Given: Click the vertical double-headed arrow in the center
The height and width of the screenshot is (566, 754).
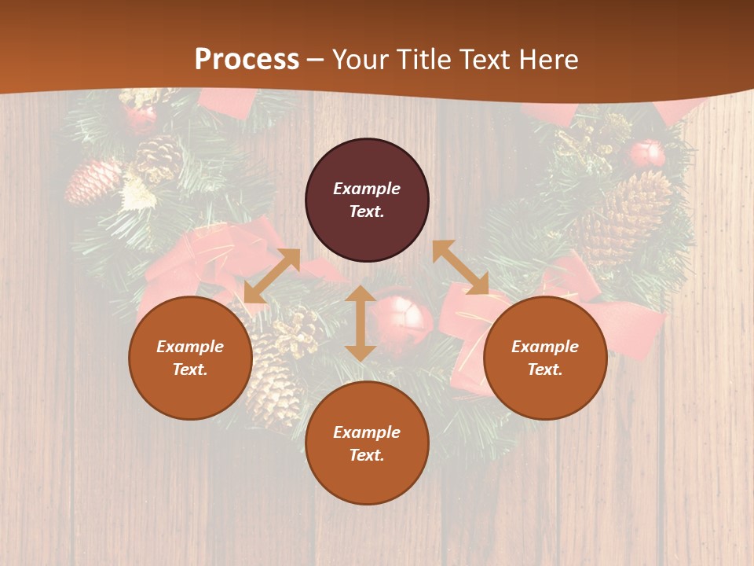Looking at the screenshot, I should (x=361, y=323).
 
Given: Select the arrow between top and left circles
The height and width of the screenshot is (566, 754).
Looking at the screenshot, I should (x=272, y=275).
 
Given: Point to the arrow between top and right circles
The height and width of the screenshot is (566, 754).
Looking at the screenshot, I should (x=460, y=267).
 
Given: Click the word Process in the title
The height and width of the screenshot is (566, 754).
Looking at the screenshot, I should (x=247, y=60).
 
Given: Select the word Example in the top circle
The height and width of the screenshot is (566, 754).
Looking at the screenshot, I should (x=367, y=189).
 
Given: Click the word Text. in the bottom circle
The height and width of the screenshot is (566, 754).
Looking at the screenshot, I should (x=367, y=455).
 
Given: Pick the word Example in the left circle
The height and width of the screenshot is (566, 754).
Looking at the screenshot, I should (x=190, y=347).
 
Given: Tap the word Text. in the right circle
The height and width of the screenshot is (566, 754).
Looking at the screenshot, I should (x=545, y=369).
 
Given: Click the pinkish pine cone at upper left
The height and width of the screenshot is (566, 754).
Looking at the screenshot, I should (x=93, y=182).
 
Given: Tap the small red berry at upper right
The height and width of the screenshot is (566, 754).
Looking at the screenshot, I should (x=647, y=153).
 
